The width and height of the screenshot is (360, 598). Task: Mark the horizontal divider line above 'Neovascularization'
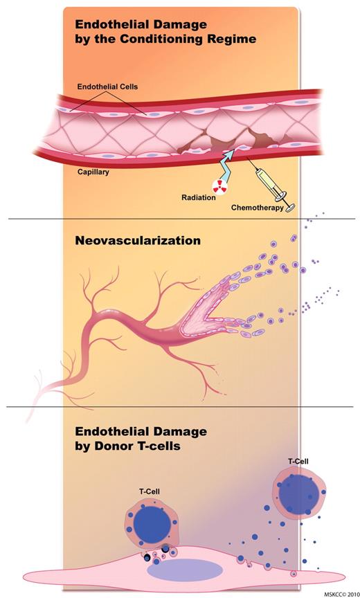tap(180, 219)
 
